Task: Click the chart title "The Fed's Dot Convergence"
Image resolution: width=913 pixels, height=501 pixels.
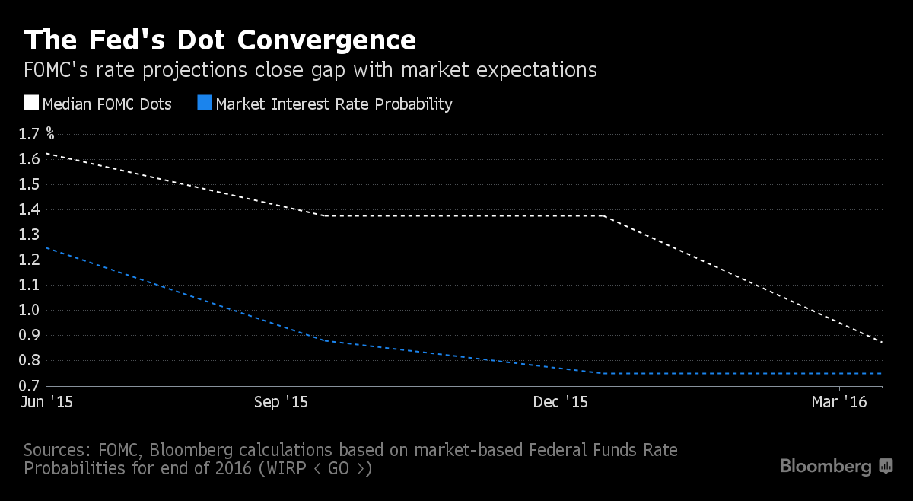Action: click(x=220, y=40)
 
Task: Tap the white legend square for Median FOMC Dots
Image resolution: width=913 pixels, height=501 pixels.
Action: click(x=31, y=103)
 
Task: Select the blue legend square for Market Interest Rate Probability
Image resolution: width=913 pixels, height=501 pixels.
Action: click(x=205, y=103)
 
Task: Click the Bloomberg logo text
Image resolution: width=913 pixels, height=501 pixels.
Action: click(x=826, y=466)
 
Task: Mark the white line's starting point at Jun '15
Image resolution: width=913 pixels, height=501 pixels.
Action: click(x=47, y=153)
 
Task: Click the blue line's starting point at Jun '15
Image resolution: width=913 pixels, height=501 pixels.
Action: click(x=47, y=247)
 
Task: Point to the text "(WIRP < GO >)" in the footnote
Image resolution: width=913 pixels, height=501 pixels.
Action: click(x=316, y=468)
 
